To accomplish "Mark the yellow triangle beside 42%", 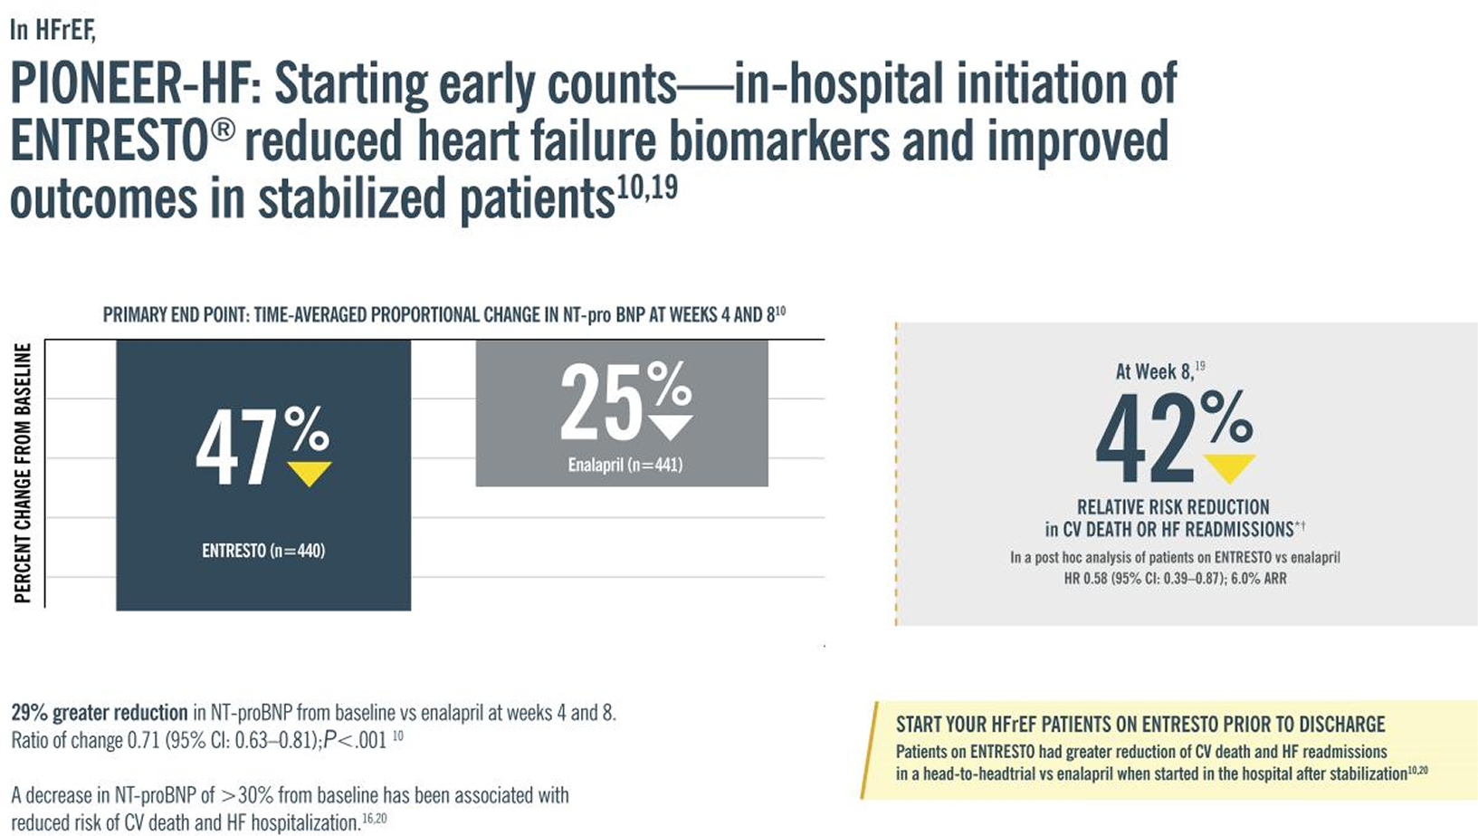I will [x=1229, y=468].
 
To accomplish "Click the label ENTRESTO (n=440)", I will [x=263, y=551].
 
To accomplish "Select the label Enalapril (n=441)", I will [x=625, y=466].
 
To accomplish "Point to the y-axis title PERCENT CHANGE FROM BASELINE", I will [x=23, y=473].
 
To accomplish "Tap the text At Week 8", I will [x=1154, y=372].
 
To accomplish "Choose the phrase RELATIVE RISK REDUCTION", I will [x=1173, y=507].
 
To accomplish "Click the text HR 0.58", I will [x=1086, y=579].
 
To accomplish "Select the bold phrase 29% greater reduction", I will [x=100, y=713].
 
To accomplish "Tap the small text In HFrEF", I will [x=52, y=30].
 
